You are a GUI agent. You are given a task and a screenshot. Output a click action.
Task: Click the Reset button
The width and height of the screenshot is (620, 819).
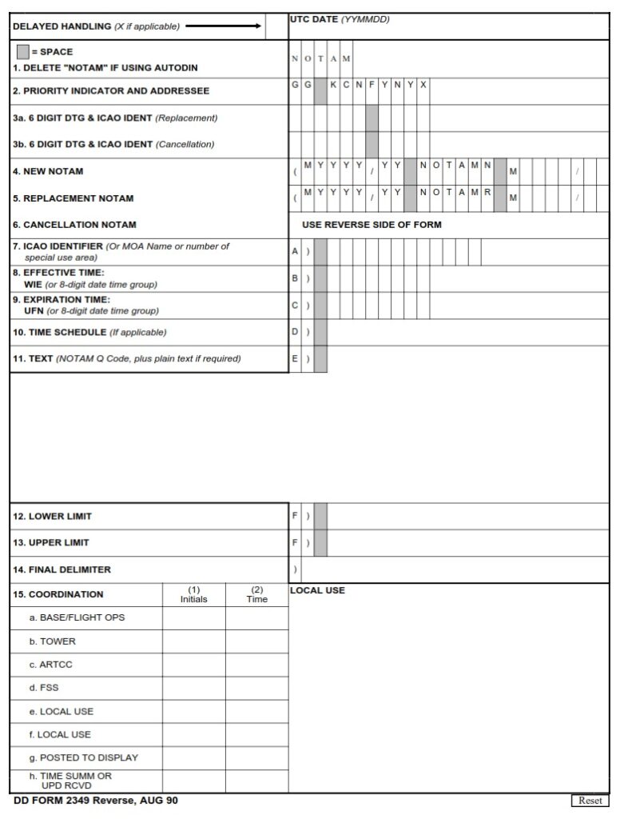click(x=590, y=801)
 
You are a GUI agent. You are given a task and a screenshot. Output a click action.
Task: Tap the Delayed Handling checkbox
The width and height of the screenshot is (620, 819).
click(x=276, y=26)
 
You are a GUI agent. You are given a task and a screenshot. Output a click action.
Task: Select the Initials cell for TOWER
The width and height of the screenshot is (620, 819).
click(x=194, y=641)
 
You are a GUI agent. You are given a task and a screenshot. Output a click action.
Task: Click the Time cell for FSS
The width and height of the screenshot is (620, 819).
click(x=256, y=688)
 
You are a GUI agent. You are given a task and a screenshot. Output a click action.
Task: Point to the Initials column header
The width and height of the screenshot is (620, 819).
click(x=194, y=594)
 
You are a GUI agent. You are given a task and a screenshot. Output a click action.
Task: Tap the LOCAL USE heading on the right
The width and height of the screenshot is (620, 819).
click(x=317, y=590)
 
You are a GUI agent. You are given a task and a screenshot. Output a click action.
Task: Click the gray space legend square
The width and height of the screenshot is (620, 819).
click(x=22, y=52)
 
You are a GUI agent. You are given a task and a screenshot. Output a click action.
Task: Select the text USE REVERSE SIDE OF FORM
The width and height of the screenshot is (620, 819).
click(x=372, y=225)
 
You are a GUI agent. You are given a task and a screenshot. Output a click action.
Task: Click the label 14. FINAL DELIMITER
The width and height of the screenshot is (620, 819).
click(x=62, y=569)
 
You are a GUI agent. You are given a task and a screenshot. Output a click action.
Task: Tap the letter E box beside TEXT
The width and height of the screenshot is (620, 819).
click(x=295, y=359)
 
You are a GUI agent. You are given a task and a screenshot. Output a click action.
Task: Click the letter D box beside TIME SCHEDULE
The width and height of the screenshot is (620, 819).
click(x=295, y=332)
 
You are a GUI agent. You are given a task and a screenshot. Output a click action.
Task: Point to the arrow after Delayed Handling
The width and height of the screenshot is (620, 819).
click(x=223, y=26)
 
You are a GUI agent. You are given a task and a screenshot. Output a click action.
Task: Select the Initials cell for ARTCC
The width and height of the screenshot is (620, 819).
click(x=194, y=665)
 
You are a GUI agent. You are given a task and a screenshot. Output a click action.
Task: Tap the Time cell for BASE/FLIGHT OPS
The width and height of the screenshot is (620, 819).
click(x=256, y=618)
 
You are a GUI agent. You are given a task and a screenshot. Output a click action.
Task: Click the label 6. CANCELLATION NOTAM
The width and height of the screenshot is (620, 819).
click(x=74, y=225)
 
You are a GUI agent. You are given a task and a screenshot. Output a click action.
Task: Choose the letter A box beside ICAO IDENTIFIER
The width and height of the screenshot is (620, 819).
click(x=295, y=251)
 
